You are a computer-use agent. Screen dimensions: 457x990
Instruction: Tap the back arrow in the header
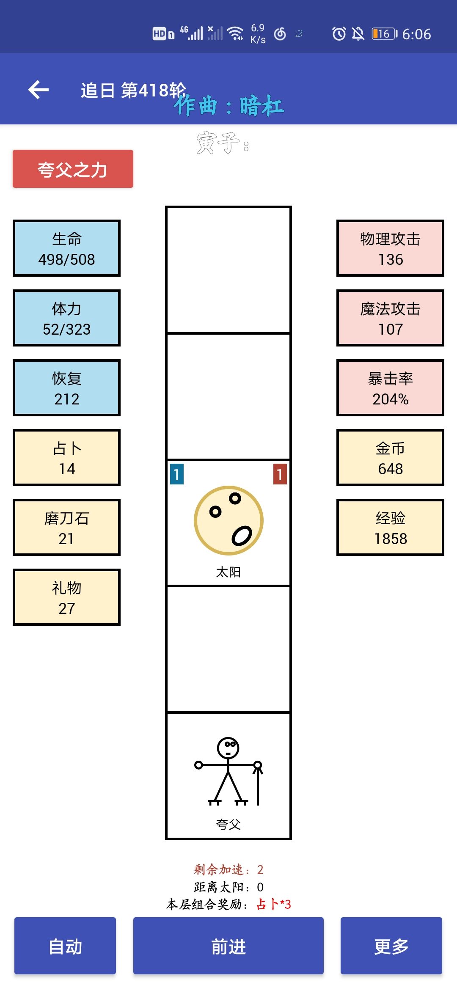click(39, 90)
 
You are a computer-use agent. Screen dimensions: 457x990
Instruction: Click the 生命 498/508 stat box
click(66, 248)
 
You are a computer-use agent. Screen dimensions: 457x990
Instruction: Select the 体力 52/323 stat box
click(66, 318)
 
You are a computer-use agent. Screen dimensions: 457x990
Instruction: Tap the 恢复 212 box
click(66, 388)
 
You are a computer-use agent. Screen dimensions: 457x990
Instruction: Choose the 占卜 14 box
click(66, 457)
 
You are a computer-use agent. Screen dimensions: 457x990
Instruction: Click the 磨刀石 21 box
click(66, 527)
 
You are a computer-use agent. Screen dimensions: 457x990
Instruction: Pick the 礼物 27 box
click(66, 597)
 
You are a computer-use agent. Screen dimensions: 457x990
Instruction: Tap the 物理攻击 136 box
click(390, 248)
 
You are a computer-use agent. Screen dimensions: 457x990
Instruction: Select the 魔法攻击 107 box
click(390, 318)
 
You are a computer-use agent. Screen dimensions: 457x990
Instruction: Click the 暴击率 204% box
click(390, 388)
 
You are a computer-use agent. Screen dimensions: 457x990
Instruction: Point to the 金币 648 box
click(390, 457)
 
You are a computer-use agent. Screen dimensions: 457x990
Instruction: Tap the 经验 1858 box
click(390, 527)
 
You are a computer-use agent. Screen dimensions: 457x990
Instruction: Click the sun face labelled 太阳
click(228, 520)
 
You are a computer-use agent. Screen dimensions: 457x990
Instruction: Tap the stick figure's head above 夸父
click(228, 748)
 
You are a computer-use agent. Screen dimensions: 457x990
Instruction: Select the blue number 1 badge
click(177, 474)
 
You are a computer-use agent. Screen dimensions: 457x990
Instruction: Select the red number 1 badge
click(280, 474)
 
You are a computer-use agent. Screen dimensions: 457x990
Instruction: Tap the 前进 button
click(228, 946)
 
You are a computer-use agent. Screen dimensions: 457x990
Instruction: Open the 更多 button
click(391, 946)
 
